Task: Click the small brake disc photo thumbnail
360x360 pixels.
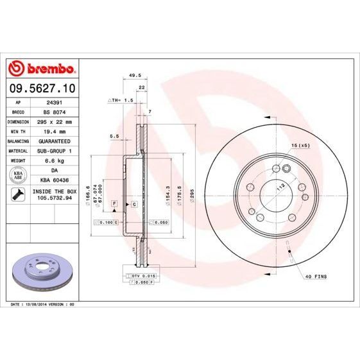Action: point(41,269)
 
